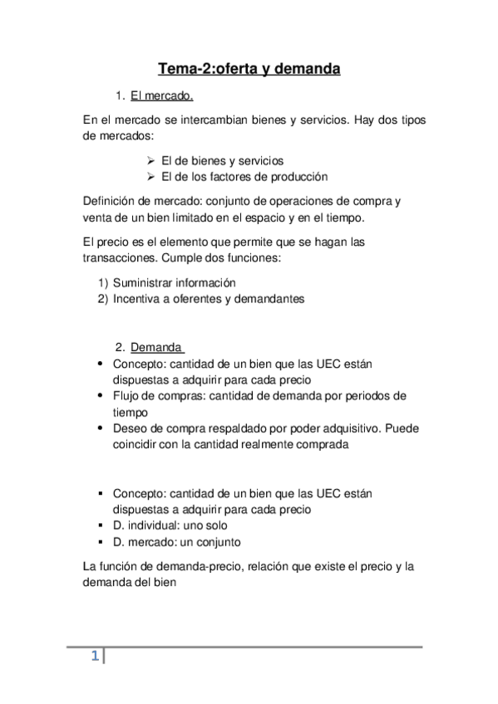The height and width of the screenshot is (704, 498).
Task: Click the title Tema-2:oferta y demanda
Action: pos(249,70)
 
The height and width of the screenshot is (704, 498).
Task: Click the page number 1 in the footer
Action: pos(95,658)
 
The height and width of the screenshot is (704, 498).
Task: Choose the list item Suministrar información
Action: pos(175,282)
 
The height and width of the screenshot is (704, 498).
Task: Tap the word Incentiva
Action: pos(137,299)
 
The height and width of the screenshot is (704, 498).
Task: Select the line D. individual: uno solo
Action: pos(170,526)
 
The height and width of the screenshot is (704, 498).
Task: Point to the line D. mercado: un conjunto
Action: pos(176,542)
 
